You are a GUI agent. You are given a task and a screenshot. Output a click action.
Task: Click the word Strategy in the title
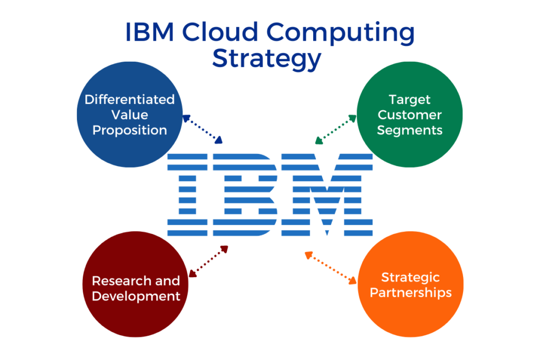point(266,59)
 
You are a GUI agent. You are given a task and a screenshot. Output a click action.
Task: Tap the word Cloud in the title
point(220,32)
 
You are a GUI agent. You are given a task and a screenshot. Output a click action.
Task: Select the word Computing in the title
point(341,33)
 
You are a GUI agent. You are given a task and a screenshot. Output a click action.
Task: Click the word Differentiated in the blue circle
point(130,100)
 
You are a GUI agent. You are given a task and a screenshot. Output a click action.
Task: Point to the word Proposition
point(130,131)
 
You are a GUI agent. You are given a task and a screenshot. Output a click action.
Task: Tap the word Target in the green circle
point(409,100)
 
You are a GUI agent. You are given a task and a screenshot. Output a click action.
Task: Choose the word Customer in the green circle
point(409,115)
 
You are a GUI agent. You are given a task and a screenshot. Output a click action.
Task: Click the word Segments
point(409,131)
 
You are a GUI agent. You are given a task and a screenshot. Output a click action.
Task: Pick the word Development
point(136,297)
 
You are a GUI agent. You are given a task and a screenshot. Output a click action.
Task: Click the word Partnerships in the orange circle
point(410,293)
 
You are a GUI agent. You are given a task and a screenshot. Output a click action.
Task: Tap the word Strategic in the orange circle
point(410,278)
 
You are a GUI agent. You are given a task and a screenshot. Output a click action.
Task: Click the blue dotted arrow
point(202,129)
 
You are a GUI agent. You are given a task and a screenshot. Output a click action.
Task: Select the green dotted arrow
point(336,130)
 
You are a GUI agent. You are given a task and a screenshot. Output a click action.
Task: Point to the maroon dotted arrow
point(208,261)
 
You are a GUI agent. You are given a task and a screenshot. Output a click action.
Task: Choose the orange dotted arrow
point(331,268)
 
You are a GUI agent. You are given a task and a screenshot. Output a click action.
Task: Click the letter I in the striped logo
point(187,195)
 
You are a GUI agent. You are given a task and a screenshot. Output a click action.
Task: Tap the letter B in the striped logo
point(245,195)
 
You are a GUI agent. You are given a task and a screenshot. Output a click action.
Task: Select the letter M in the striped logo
point(327,195)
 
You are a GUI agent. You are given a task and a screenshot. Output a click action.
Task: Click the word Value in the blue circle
point(130,115)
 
